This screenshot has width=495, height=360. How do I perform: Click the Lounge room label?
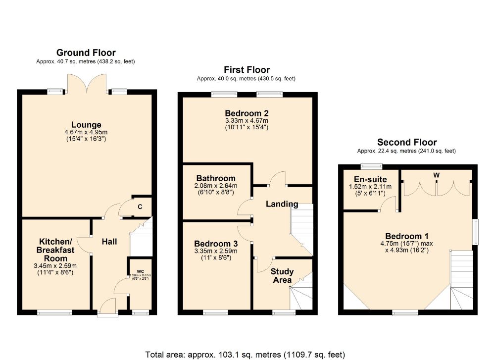click(x=86, y=125)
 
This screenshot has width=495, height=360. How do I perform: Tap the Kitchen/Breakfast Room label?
click(x=56, y=250)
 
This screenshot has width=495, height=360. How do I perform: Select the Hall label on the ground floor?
click(x=109, y=242)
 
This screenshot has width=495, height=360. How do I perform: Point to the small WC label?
click(x=141, y=271)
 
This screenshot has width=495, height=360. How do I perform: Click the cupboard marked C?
click(x=140, y=206)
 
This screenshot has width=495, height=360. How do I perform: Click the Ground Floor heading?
click(x=86, y=52)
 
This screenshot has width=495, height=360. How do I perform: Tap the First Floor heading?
click(x=247, y=69)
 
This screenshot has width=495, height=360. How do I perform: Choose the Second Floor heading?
click(x=407, y=142)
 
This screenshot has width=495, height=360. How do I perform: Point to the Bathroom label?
click(x=215, y=178)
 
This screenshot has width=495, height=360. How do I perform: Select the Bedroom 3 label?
click(x=216, y=244)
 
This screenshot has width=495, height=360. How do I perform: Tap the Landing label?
click(x=282, y=204)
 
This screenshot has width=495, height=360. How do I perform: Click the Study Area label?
click(x=282, y=276)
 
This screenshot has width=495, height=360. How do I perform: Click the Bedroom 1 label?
click(x=407, y=236)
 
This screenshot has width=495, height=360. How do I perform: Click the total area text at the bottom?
click(x=245, y=355)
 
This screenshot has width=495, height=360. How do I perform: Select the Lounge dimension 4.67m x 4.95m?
click(x=86, y=132)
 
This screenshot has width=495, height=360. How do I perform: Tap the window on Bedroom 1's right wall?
click(x=476, y=231)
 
